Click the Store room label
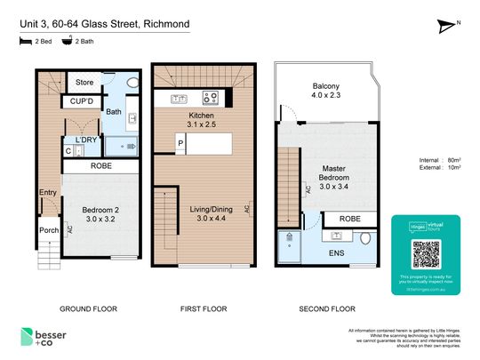click(84, 83)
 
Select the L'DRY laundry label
click(85, 140)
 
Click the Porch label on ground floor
click(48, 230)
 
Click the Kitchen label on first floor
click(202, 116)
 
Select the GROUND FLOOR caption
click(88, 308)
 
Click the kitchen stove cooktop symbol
click(212, 98)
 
